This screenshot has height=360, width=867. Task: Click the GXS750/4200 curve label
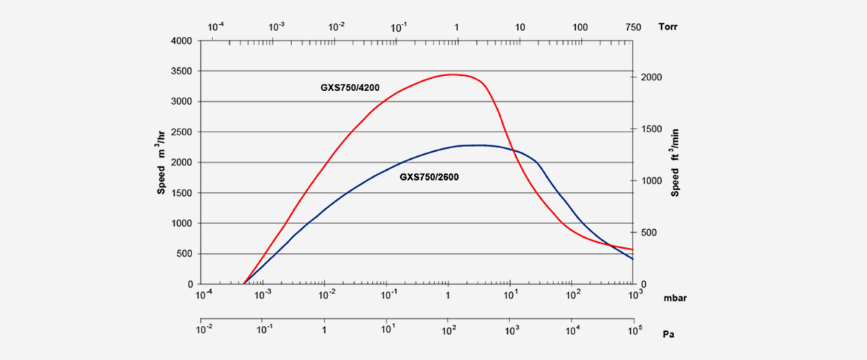pyautogui.click(x=350, y=88)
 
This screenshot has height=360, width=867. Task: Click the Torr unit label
pyautogui.click(x=668, y=27)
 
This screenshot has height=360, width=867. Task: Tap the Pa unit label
pyautogui.click(x=668, y=335)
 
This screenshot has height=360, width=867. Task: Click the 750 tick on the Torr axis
pyautogui.click(x=632, y=27)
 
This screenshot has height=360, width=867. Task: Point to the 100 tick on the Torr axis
pyautogui.click(x=579, y=27)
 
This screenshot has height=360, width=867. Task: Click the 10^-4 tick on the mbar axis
pyautogui.click(x=205, y=296)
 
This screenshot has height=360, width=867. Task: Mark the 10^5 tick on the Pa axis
pyautogui.click(x=633, y=329)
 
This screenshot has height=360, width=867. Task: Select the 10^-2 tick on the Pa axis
pyautogui.click(x=205, y=329)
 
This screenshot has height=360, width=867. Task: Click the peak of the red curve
pyautogui.click(x=450, y=74)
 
